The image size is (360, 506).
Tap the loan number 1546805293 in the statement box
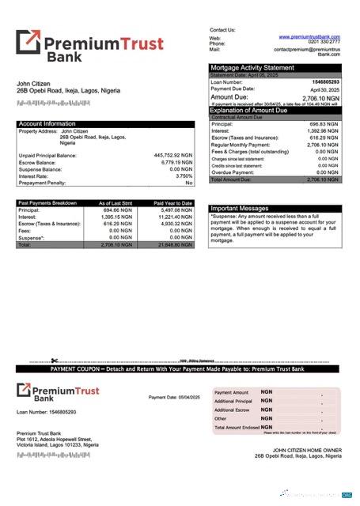(x=324, y=81)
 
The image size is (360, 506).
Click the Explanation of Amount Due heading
(x=260, y=110)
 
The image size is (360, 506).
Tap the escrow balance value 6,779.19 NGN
(x=175, y=162)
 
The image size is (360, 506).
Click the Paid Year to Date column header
(x=175, y=203)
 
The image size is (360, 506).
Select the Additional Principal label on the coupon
(x=233, y=401)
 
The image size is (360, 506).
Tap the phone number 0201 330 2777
(x=324, y=43)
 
